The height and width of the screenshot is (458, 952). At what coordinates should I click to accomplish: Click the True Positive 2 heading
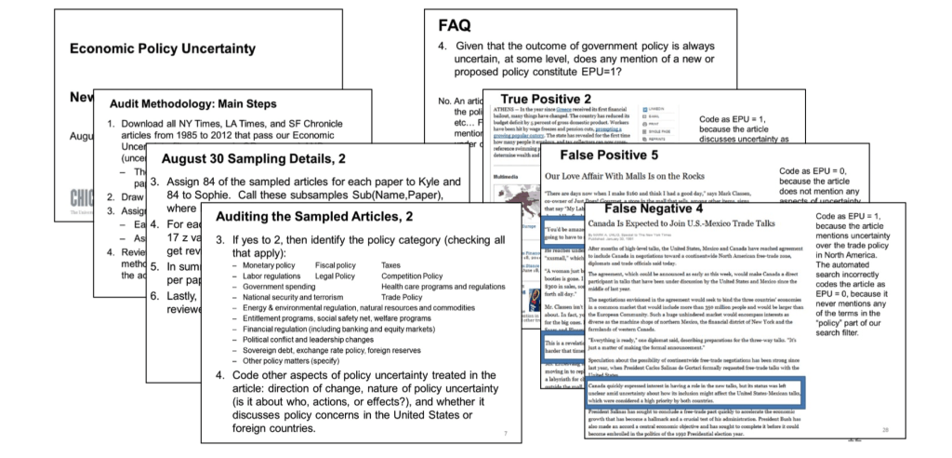point(549,99)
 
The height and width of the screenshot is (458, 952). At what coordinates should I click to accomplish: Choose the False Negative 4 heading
point(677,209)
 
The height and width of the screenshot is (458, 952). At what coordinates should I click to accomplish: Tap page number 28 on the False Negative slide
point(885,429)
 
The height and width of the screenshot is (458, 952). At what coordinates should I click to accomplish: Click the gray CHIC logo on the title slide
point(86,197)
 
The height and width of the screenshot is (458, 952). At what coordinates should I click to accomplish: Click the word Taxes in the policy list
point(394,266)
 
